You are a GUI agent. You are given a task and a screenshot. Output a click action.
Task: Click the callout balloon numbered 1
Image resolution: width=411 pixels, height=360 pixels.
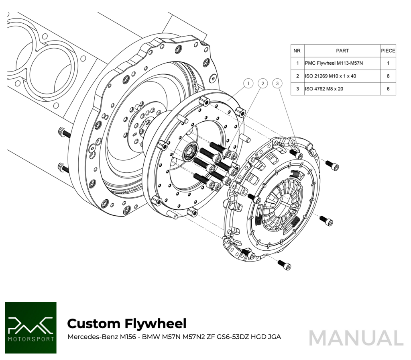click(248, 84)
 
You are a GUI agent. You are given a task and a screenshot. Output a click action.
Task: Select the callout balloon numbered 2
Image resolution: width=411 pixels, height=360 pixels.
click(262, 84)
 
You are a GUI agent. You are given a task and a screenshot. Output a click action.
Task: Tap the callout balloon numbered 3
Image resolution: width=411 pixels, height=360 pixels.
click(277, 84)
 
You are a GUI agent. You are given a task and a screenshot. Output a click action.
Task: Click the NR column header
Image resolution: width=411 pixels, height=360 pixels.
click(297, 51)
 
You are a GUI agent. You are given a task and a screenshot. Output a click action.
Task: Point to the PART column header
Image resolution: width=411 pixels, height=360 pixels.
click(342, 51)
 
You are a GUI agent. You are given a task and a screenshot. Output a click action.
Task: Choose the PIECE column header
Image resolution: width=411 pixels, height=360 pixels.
click(388, 51)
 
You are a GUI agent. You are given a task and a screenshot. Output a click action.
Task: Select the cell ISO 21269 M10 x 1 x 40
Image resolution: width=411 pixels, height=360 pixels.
click(330, 76)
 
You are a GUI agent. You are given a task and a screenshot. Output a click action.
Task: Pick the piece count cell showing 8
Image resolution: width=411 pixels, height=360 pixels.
click(388, 76)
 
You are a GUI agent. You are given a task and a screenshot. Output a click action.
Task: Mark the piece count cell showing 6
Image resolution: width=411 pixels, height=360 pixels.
click(388, 89)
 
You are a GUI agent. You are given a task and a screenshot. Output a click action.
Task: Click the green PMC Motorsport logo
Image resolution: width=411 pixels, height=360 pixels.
click(31, 327)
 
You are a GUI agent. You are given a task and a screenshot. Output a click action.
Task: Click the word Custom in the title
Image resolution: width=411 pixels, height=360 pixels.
click(93, 323)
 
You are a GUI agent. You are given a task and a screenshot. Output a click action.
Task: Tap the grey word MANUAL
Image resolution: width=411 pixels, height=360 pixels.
click(356, 338)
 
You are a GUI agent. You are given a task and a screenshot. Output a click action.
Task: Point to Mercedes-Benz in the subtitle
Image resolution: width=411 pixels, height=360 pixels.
click(91, 337)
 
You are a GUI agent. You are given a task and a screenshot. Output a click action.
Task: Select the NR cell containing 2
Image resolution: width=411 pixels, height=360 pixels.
click(297, 76)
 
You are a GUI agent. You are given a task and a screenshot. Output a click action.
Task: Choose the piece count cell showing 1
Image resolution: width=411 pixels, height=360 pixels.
click(388, 63)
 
